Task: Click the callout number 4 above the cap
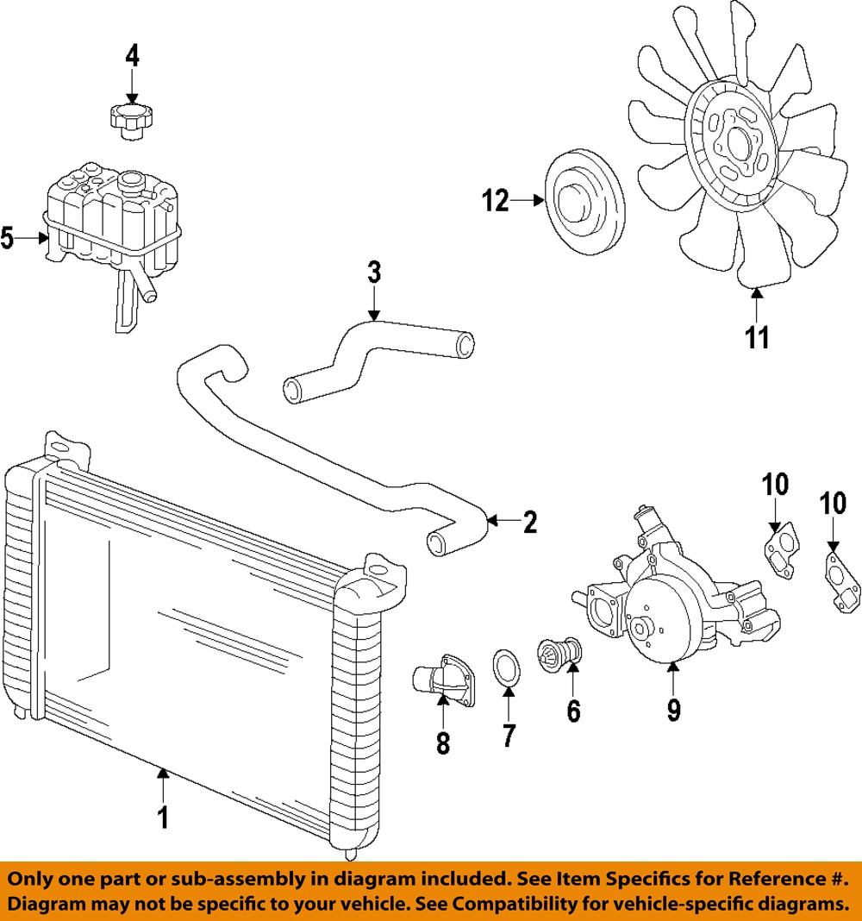131,56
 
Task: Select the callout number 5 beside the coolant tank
8,238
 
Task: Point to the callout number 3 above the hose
373,273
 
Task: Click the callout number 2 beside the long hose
528,521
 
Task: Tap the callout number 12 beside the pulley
496,202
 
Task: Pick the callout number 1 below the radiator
162,816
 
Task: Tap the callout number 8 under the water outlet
442,742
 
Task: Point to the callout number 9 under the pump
673,709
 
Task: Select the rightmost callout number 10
833,503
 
